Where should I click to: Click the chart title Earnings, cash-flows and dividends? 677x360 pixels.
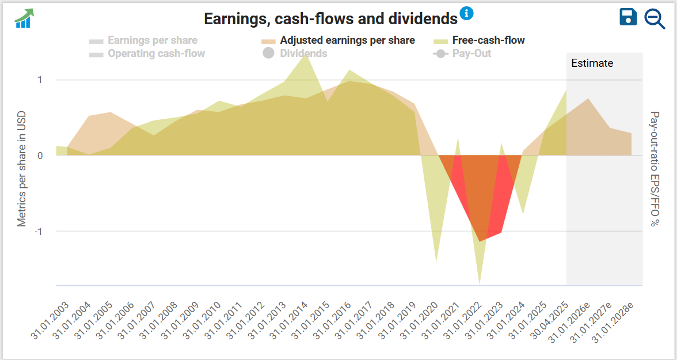click(x=330, y=18)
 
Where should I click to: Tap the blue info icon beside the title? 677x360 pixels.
click(x=466, y=13)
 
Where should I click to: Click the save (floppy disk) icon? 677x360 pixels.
click(x=628, y=17)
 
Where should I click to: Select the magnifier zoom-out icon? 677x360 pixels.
click(x=655, y=18)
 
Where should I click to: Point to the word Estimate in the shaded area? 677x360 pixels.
click(x=592, y=63)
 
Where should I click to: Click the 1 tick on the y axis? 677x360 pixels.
click(x=40, y=80)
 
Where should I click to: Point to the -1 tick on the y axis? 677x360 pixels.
click(x=39, y=232)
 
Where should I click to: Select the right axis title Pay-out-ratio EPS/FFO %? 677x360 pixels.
click(x=654, y=169)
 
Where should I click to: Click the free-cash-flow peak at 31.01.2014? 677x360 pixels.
click(x=307, y=55)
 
